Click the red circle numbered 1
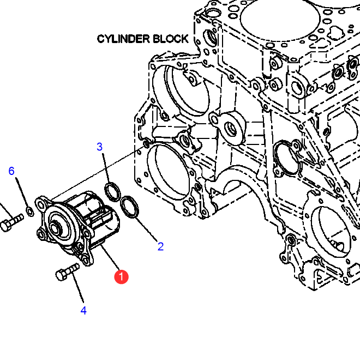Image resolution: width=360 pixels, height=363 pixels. [121, 277]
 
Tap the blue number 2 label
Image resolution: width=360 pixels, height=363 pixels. [160, 246]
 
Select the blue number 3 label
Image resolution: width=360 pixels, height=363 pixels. [100, 147]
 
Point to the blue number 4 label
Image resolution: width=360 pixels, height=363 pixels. [83, 311]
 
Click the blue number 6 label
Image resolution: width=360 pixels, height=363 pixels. [11, 171]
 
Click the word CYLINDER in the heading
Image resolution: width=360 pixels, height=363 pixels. [123, 39]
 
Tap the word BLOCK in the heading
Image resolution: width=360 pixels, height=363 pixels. [170, 39]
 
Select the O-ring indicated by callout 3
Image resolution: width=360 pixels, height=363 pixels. [112, 192]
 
